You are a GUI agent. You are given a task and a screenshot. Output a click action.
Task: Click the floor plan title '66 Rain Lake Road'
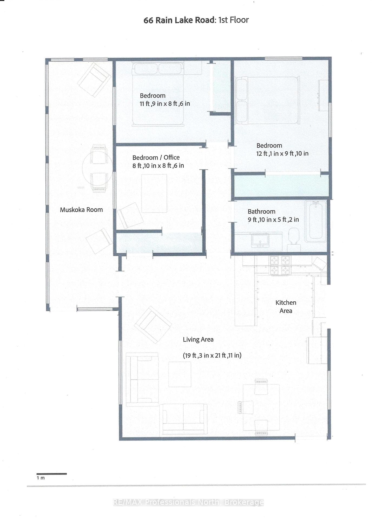pos(179,20)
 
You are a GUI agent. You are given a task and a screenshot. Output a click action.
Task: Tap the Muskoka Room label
pos(81,210)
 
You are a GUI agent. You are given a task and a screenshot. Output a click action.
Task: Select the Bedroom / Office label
pos(156,158)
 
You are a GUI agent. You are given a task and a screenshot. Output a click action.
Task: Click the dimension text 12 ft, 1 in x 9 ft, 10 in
pos(282,154)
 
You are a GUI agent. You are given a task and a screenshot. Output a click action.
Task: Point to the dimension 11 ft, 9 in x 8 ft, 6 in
pos(165,103)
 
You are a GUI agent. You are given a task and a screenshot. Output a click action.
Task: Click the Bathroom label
pos(262,212)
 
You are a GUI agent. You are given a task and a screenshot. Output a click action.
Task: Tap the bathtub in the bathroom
pos(315,221)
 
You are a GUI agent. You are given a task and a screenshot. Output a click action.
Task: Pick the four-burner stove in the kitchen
pos(280,265)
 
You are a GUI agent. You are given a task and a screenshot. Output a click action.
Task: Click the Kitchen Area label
pos(286,307)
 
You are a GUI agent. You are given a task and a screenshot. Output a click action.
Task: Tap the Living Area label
pos(198,340)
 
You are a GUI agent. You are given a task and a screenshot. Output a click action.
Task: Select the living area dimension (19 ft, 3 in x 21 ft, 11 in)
pos(212,355)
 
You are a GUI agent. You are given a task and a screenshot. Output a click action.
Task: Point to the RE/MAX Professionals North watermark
pos(188,502)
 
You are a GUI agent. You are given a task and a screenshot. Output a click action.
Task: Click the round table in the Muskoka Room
pos(97,168)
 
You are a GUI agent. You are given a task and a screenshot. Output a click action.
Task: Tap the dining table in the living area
pos(261,407)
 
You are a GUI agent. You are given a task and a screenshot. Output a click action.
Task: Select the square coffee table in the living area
pos(180,374)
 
